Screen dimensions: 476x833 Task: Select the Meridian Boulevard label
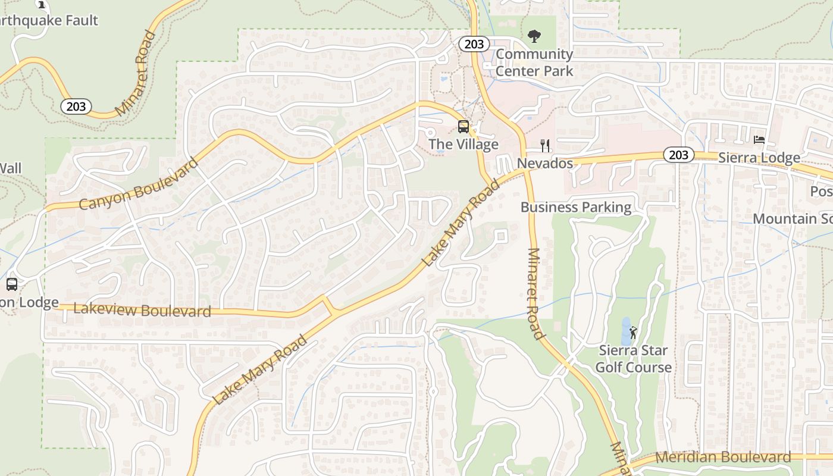(x=723, y=457)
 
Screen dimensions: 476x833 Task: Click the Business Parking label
(x=575, y=207)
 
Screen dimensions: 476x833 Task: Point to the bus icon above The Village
(x=463, y=126)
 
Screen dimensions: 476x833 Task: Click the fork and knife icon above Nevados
(x=544, y=145)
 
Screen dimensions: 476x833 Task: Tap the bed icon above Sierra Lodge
(x=759, y=140)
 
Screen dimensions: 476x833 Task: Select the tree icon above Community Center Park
(x=534, y=36)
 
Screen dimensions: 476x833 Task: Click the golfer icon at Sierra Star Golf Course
(x=632, y=333)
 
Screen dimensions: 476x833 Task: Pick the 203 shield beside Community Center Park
(x=474, y=44)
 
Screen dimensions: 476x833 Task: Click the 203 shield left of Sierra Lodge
(x=678, y=155)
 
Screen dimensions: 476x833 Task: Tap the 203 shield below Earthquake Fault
(x=76, y=107)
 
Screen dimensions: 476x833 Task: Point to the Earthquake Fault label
(x=49, y=20)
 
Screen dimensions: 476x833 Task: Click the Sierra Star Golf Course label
(x=633, y=359)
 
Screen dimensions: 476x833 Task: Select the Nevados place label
(x=544, y=163)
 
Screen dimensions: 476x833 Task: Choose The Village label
(x=463, y=144)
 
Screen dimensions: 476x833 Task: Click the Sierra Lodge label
(x=759, y=158)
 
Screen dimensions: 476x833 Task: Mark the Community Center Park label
(x=534, y=62)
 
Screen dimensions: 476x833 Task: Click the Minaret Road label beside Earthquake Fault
(x=136, y=74)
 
